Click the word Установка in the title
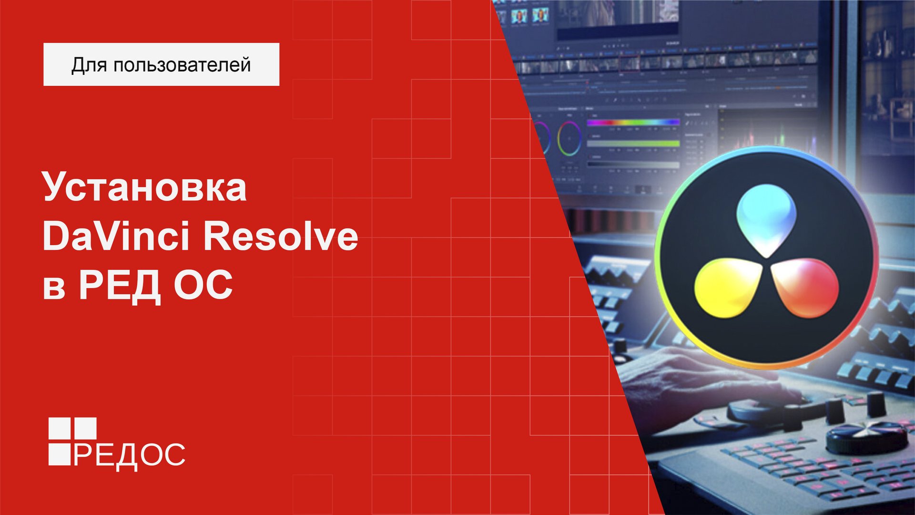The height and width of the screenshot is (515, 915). [145, 187]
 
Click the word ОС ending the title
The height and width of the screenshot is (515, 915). [203, 285]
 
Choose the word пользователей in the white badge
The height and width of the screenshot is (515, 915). [182, 65]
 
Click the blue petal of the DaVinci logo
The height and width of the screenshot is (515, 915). [766, 219]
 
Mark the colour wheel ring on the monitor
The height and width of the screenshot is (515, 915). [569, 138]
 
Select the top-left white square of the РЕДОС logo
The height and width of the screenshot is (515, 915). [59, 428]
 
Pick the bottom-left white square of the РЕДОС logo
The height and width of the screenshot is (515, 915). [59, 454]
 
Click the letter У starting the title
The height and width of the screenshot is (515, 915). [54, 187]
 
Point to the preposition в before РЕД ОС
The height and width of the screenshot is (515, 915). [54, 288]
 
